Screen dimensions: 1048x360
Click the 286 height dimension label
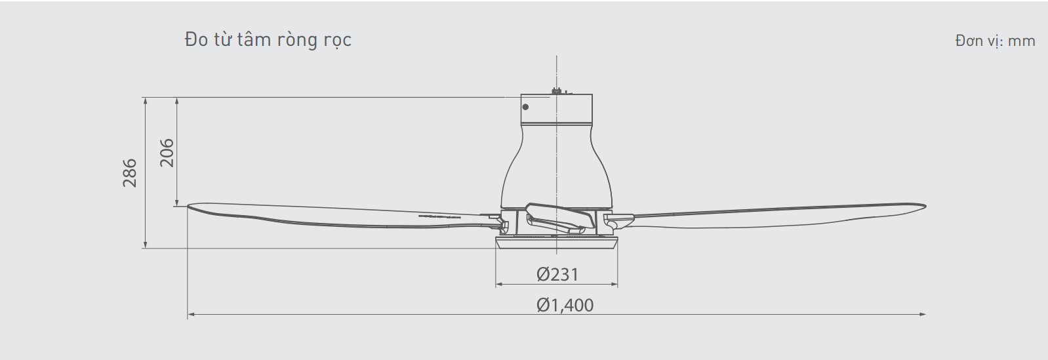pyautogui.click(x=130, y=173)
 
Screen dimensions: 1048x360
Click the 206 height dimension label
pyautogui.click(x=167, y=152)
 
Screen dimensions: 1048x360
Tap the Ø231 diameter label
pyautogui.click(x=557, y=275)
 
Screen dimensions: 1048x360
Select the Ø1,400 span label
pyautogui.click(x=565, y=305)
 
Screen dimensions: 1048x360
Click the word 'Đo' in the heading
pyautogui.click(x=197, y=40)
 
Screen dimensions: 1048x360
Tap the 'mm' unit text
pyautogui.click(x=1021, y=41)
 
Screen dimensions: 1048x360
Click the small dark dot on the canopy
pyautogui.click(x=525, y=107)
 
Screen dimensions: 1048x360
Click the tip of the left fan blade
pyautogui.click(x=188, y=206)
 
